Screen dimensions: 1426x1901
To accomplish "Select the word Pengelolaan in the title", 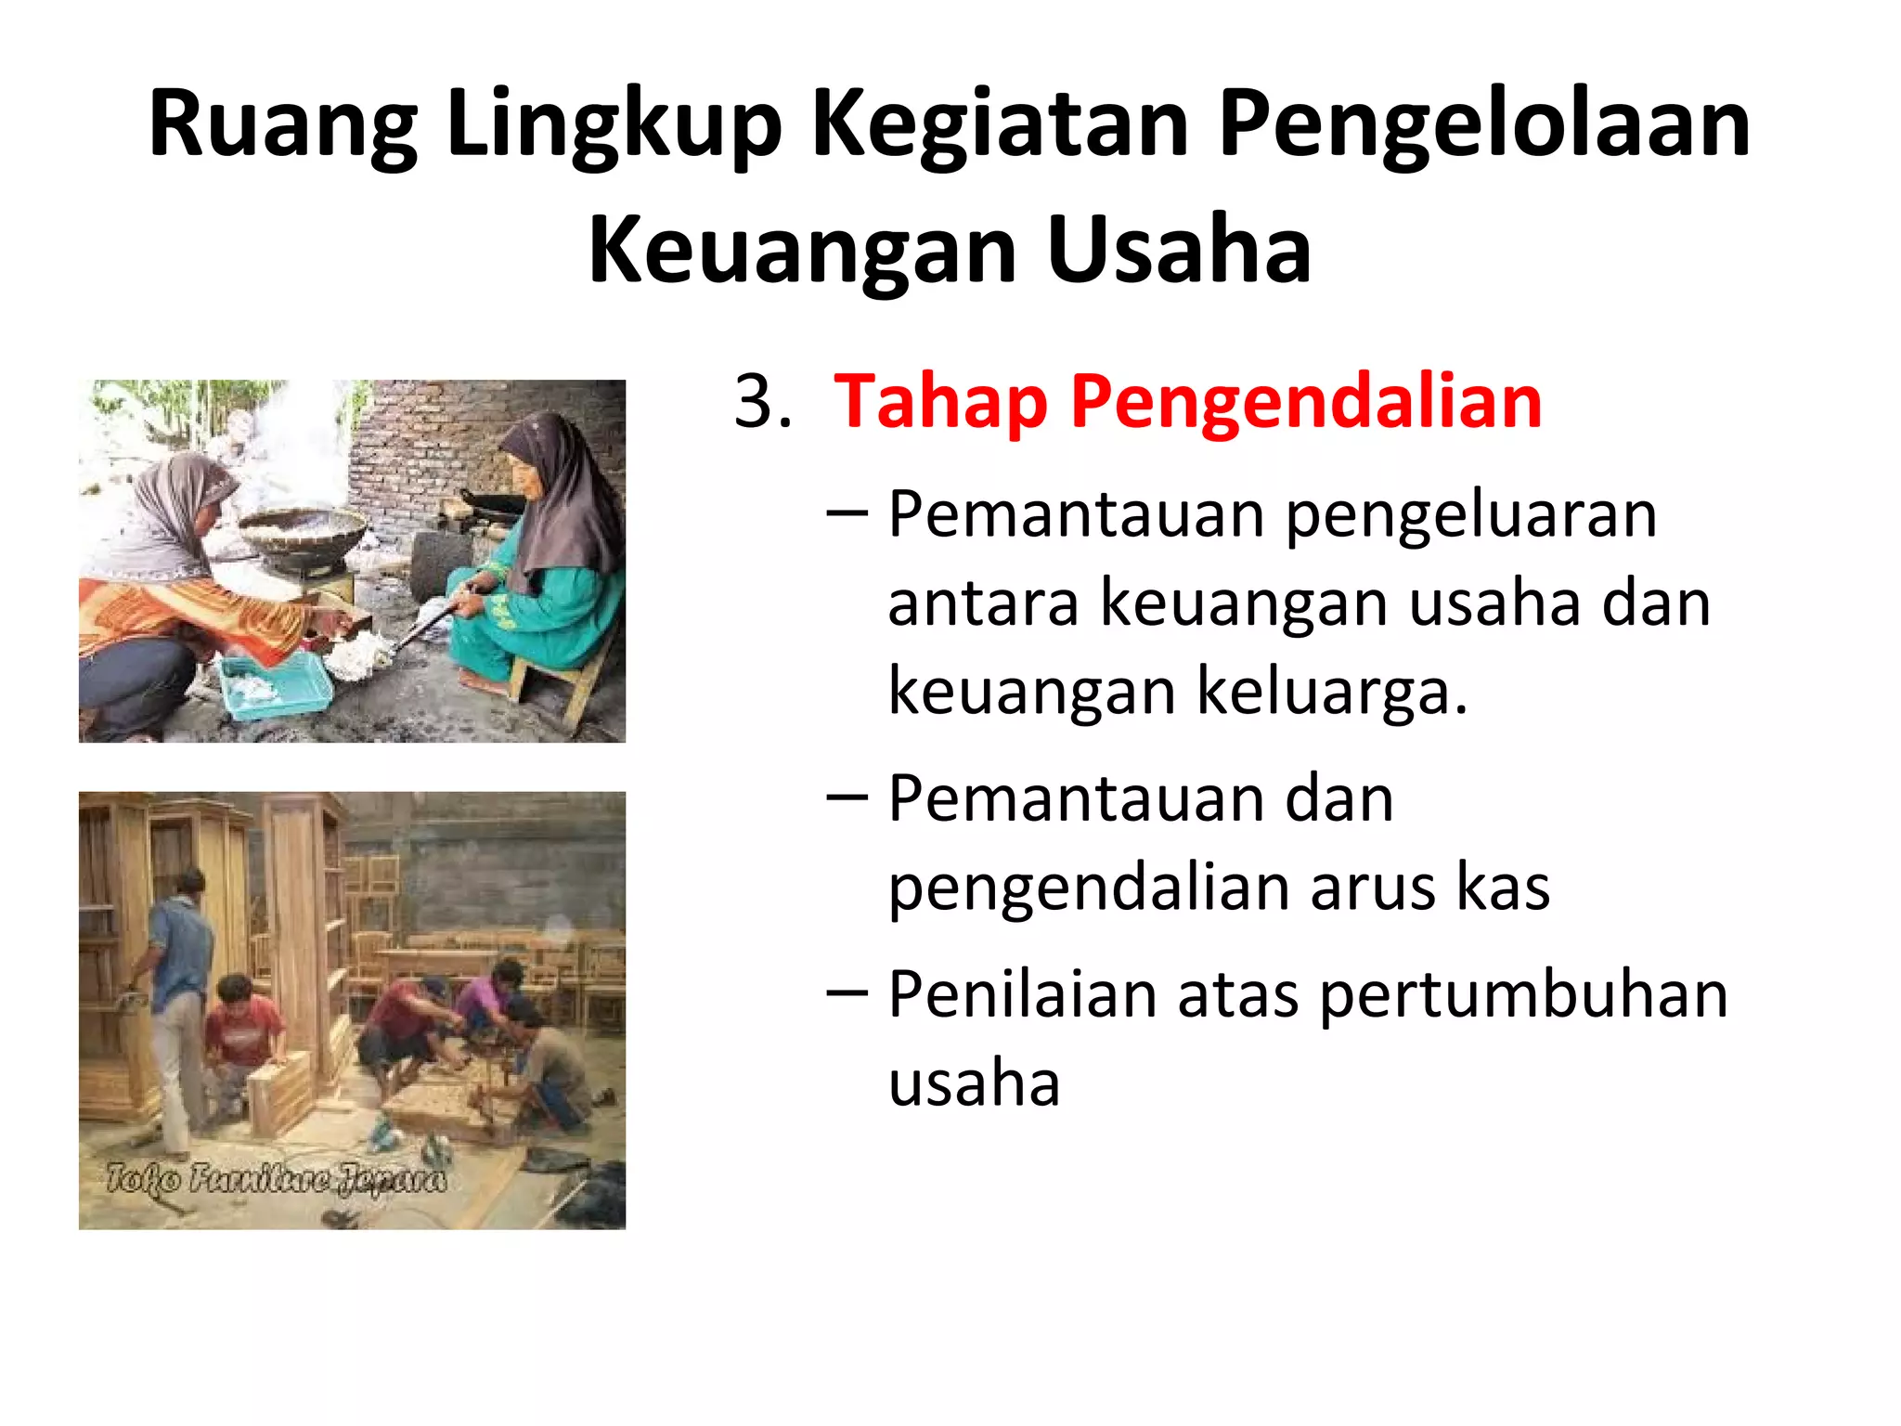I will pos(1483,125).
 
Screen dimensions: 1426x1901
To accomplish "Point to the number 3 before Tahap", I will pos(755,402).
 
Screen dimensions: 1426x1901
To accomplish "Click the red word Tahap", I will pos(940,402).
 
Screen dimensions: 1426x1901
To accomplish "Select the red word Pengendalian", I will pos(1306,402).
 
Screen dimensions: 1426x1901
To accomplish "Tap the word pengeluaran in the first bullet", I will pos(1471,515).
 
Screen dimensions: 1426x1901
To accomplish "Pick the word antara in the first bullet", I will pos(983,603).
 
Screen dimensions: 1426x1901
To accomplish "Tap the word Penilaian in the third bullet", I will pos(1022,994).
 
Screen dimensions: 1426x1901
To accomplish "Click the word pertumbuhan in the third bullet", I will pos(1523,994).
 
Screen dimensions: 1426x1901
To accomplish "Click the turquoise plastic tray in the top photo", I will pos(276,685).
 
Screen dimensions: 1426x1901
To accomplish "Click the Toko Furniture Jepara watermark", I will pos(276,1179).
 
